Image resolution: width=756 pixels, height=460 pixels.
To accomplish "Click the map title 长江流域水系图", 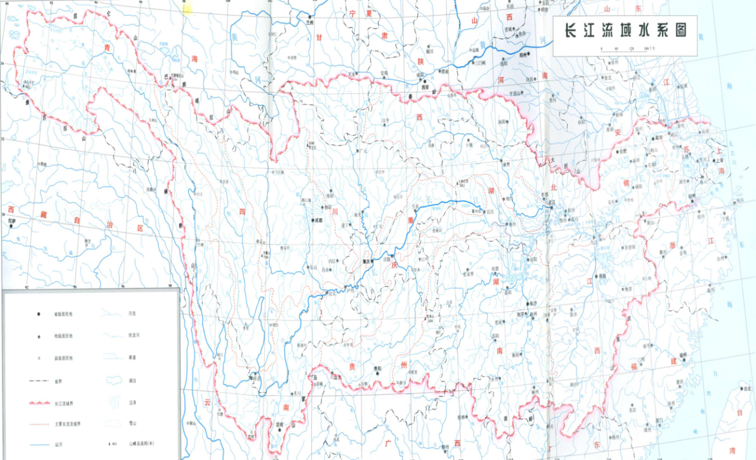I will (625, 30).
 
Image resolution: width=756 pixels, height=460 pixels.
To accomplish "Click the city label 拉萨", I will (12, 222).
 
